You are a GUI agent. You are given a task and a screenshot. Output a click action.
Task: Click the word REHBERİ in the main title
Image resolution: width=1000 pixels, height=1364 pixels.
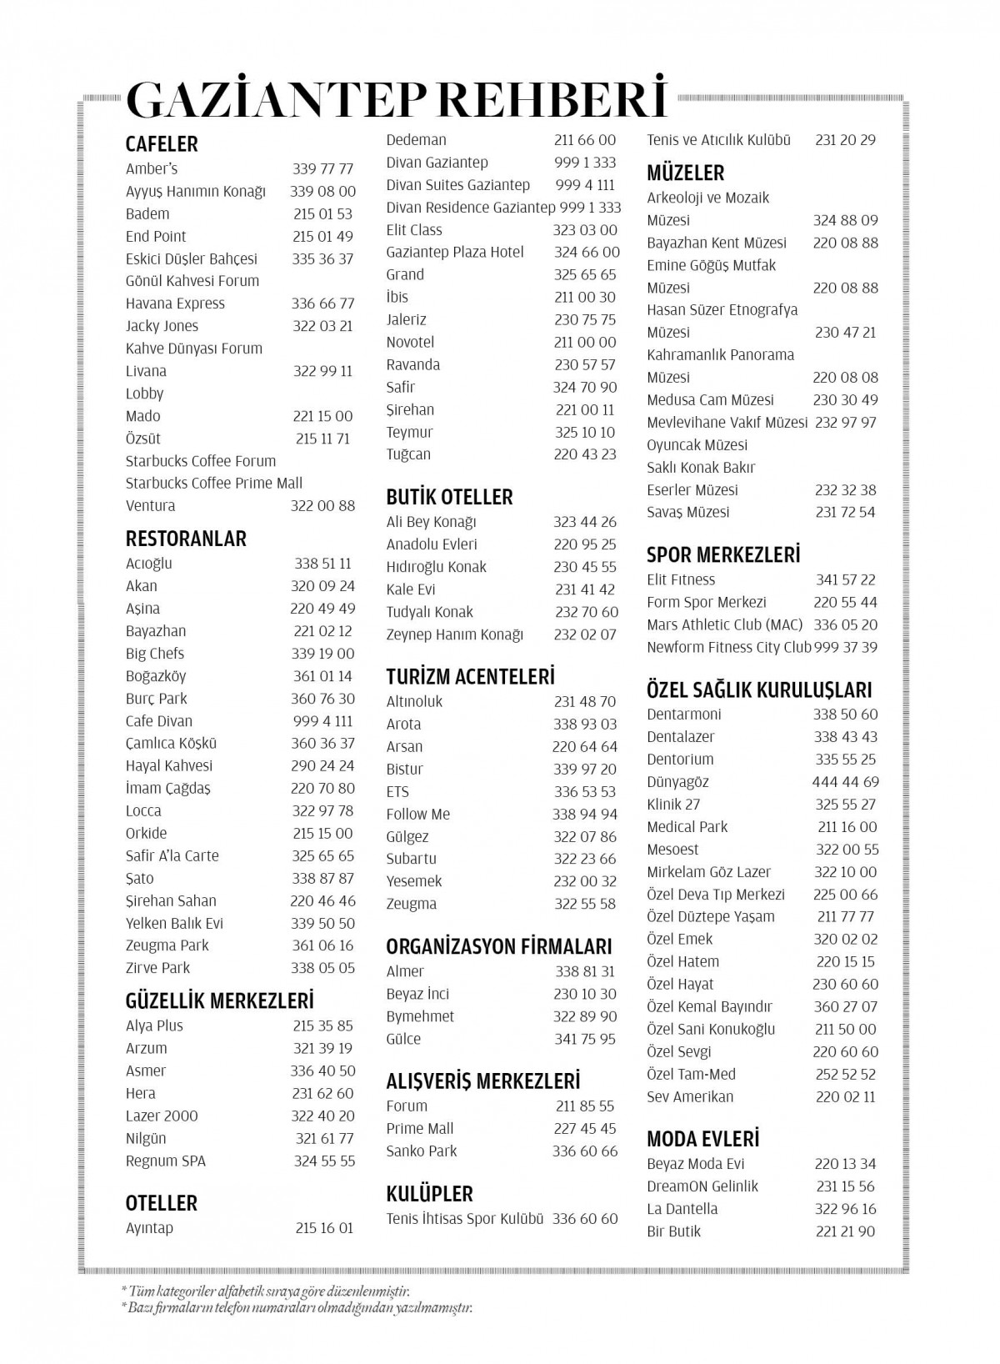(553, 99)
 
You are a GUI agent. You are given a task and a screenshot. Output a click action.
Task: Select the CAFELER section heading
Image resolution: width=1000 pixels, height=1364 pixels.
(162, 144)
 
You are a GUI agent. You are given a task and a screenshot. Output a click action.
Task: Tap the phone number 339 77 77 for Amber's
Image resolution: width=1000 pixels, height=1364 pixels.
(323, 169)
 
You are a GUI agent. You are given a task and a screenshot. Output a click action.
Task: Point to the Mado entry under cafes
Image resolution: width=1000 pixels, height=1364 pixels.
(143, 416)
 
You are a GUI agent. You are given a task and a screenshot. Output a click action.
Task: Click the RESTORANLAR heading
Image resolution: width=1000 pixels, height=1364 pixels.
(186, 539)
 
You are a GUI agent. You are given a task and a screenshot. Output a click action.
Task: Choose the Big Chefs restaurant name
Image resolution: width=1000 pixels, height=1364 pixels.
(155, 654)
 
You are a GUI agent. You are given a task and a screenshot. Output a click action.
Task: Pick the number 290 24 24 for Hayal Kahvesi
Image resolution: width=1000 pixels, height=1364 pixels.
(323, 765)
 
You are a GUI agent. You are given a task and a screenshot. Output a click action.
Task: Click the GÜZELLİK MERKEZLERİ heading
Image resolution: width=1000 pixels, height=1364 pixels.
(220, 1000)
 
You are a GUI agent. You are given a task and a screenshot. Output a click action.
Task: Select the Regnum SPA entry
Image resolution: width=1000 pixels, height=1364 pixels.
(166, 1161)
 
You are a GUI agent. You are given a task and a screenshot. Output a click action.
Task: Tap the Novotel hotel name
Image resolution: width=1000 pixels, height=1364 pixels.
(410, 342)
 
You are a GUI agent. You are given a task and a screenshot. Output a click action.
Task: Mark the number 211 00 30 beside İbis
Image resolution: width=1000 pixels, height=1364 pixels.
(585, 297)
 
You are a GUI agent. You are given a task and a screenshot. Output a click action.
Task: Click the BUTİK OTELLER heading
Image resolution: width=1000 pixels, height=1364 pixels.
(449, 497)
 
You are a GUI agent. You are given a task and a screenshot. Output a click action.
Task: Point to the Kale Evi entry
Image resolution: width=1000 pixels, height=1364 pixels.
(411, 589)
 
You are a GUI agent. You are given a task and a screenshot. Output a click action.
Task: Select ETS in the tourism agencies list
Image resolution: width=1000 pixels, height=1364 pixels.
(397, 792)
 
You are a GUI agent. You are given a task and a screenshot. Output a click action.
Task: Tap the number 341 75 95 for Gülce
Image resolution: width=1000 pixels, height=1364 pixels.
(585, 1039)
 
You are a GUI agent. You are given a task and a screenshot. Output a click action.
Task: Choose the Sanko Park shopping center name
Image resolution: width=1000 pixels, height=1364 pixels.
(422, 1151)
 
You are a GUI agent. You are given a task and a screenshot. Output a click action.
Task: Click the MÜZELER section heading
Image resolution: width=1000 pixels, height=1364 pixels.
(686, 173)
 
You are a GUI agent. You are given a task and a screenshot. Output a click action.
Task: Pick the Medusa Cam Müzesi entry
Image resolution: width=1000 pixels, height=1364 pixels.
(711, 400)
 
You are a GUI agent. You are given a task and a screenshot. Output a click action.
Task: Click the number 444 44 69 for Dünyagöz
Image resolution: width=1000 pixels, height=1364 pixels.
(846, 782)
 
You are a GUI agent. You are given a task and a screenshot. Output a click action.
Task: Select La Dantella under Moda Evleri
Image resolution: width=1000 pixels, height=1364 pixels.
(682, 1209)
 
